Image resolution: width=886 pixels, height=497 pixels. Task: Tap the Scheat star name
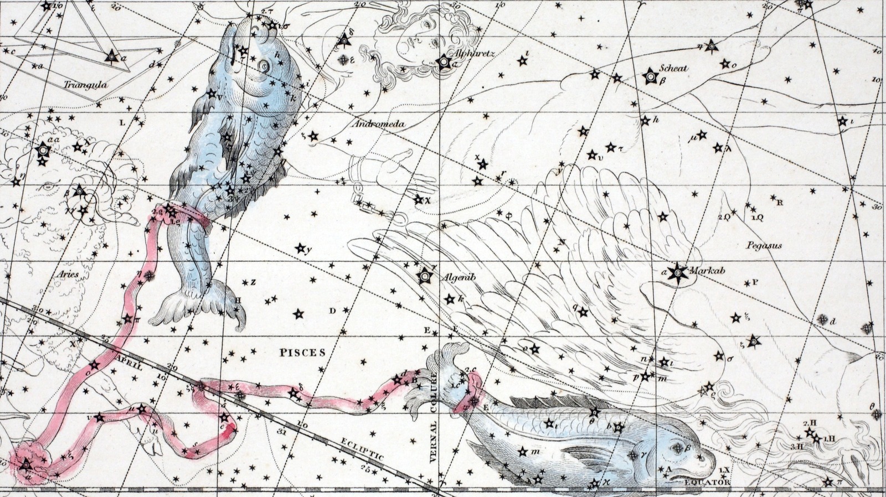[673, 68]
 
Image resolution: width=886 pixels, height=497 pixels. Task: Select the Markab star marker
[676, 272]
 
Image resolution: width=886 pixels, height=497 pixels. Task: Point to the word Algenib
[457, 278]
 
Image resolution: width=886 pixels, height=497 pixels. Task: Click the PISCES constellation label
[302, 353]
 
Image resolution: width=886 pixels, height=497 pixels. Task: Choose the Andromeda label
[378, 125]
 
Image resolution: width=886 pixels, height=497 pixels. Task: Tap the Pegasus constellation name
[764, 245]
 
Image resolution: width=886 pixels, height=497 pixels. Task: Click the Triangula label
[85, 85]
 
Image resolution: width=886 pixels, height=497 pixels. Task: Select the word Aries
[68, 274]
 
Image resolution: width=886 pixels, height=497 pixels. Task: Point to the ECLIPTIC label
[363, 449]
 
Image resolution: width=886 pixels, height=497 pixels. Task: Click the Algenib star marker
[425, 275]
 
